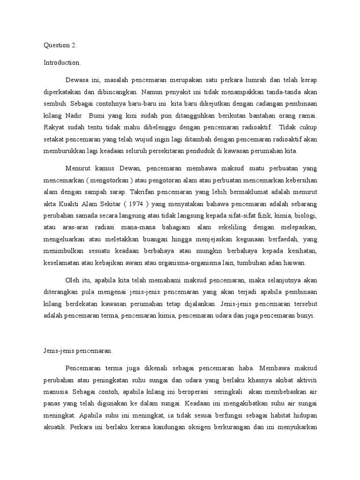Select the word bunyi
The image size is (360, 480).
[x=307, y=316]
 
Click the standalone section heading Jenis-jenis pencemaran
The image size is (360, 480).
[x=75, y=350]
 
